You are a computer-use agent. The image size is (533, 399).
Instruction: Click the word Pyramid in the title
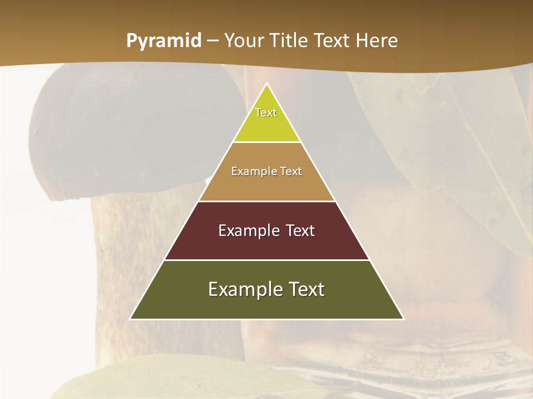coord(163,41)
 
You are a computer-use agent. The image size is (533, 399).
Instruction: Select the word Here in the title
coord(377,40)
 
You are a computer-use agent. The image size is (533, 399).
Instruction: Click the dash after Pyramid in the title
coord(213,41)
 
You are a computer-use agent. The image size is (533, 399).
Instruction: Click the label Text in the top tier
coord(266,112)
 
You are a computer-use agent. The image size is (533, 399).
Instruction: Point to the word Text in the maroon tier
coord(300,231)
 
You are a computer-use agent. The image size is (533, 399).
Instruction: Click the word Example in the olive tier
coord(242,289)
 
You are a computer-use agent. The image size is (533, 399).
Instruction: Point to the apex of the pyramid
coord(267,84)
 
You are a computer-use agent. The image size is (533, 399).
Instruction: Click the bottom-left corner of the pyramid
coord(131,319)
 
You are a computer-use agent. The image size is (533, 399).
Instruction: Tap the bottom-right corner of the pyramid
coord(403,319)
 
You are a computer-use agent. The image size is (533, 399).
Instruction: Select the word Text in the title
coord(334,40)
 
